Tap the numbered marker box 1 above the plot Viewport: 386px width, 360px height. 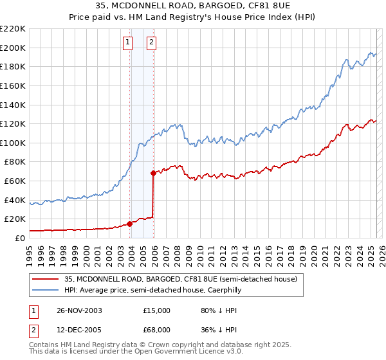click(127, 43)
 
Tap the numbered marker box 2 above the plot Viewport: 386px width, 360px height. click(151, 43)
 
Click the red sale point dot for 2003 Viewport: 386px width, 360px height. click(130, 224)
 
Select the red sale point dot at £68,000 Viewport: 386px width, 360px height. click(153, 173)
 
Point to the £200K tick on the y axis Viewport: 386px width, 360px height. click(14, 48)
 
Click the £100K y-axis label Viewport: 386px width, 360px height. click(14, 143)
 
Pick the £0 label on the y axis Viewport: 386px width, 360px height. click(19, 238)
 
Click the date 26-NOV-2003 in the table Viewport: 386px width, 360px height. click(79, 310)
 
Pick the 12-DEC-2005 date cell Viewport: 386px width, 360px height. click(79, 331)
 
